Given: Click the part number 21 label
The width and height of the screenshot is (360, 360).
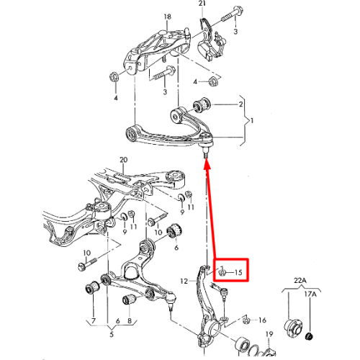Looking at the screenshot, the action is coord(202,4).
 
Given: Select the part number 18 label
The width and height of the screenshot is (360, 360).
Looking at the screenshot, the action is coord(168,17).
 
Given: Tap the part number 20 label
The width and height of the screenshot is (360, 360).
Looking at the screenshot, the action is coord(123,160).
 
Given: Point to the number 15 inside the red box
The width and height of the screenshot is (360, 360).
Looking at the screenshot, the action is coord(238,272).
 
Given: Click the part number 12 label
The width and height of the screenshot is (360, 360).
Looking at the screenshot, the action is coord(184,281).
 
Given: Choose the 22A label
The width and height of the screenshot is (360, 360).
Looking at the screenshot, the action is coord(300,280).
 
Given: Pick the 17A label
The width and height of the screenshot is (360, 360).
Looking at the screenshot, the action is coord(310,294).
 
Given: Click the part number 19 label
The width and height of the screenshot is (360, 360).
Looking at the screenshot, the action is coord(269,334).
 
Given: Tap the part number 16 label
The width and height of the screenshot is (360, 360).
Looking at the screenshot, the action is coord(262,320).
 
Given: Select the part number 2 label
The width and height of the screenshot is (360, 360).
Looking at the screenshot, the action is coord(240,104).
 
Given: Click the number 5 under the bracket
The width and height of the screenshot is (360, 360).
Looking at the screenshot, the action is coord(112,334).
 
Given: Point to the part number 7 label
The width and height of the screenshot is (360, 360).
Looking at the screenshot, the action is coord(94,320).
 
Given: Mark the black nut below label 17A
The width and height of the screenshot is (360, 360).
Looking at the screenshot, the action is coord(310,336).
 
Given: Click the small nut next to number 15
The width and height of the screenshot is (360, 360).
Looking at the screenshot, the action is coord(222,272).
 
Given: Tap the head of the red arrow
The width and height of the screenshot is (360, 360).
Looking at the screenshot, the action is coord(207,164).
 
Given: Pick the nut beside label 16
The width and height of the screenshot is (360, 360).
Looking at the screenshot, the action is coord(246,320).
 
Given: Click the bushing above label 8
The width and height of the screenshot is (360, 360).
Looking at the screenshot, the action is coord(129,300).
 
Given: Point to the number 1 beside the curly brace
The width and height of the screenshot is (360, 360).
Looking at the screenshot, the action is coord(252,121).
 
